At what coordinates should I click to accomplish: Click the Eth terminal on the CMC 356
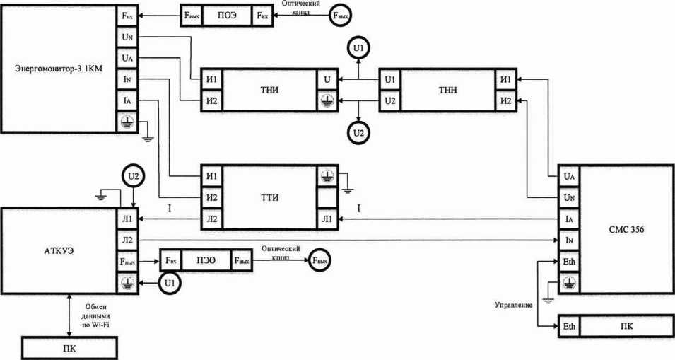click(x=570, y=264)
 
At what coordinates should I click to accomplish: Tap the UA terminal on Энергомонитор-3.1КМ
click(x=127, y=57)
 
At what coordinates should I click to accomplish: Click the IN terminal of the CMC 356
click(x=570, y=240)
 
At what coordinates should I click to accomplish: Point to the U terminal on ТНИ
click(x=326, y=79)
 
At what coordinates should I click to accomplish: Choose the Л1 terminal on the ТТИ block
click(x=326, y=219)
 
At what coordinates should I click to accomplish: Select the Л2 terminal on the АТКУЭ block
click(x=127, y=240)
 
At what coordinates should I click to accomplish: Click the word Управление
click(x=513, y=304)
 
